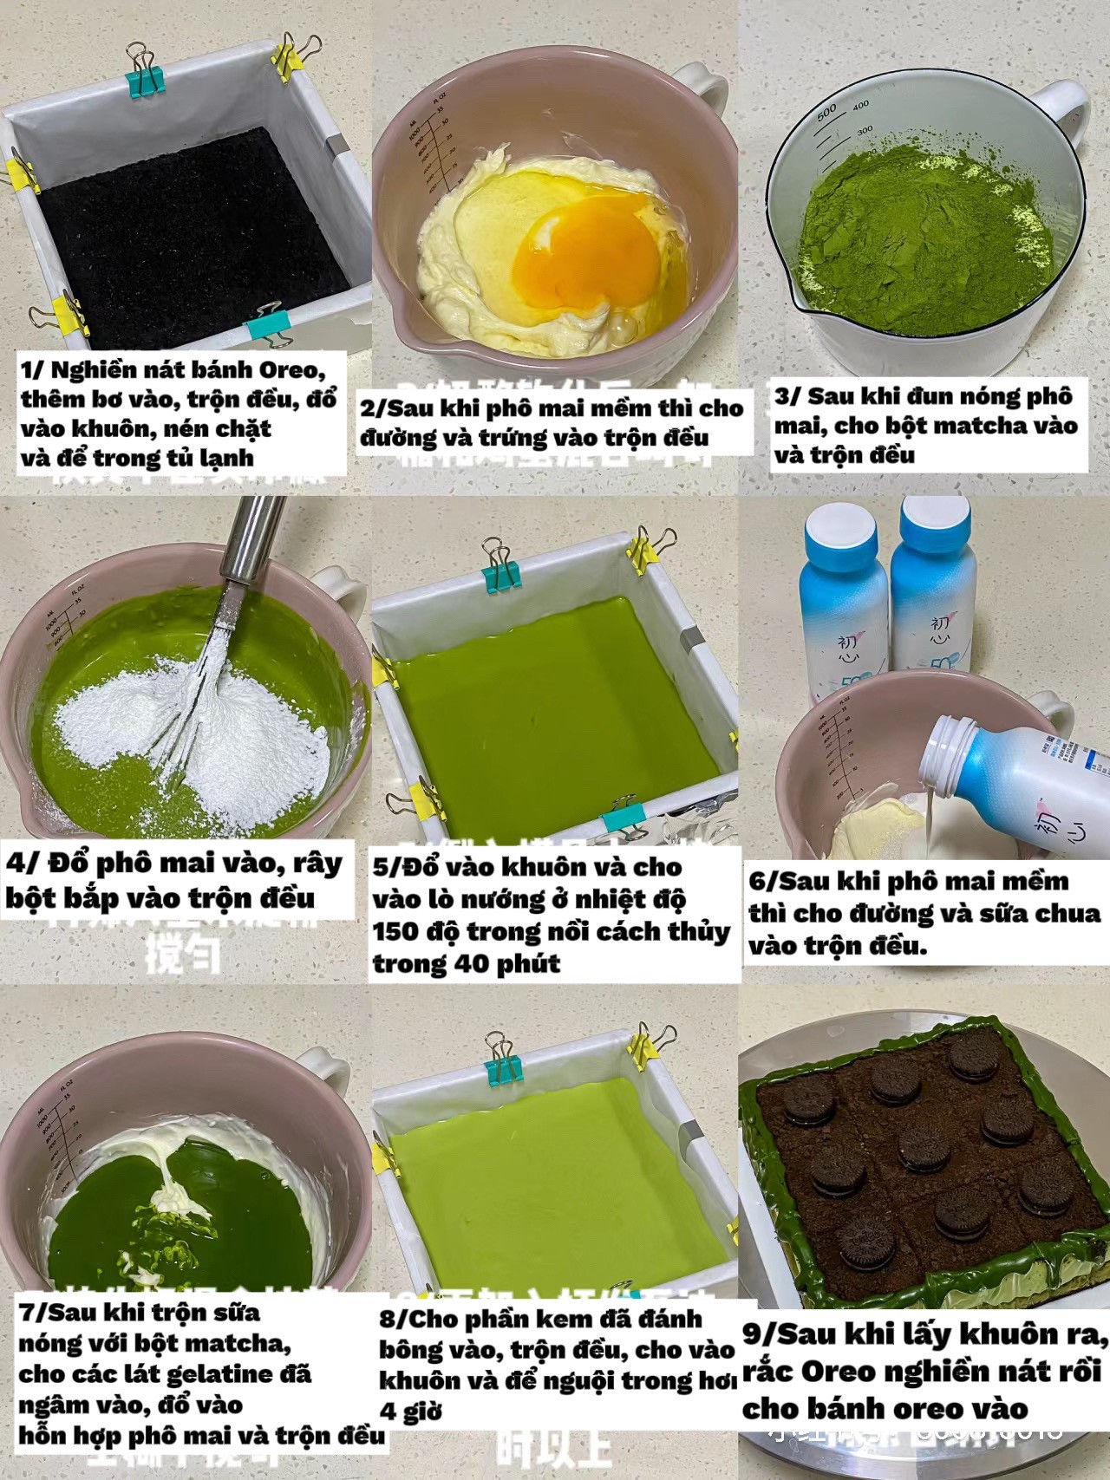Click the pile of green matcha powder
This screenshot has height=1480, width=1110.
[928, 234]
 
